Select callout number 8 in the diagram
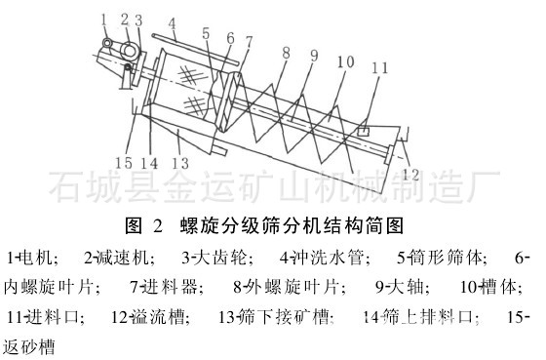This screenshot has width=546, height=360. [286, 51]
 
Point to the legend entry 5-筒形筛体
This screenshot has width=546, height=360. [441, 260]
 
